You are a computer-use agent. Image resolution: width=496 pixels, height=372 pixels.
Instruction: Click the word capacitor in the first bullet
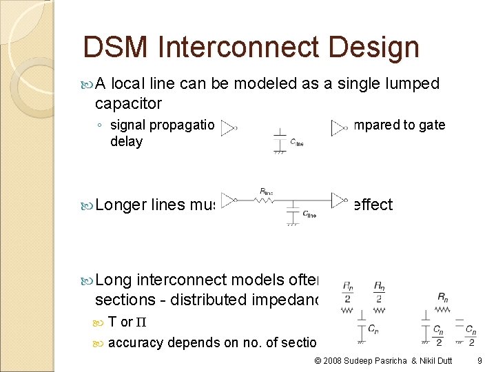click(128, 103)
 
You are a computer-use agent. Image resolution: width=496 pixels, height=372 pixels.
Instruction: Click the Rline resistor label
click(267, 191)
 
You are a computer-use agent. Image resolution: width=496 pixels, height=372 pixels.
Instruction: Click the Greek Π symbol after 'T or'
click(142, 322)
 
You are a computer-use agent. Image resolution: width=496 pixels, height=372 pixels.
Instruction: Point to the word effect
click(371, 205)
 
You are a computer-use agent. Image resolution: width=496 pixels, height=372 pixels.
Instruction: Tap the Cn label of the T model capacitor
click(373, 329)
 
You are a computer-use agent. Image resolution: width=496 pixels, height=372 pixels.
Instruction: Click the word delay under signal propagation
click(126, 141)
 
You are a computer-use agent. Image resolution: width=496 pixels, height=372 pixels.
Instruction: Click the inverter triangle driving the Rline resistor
click(228, 200)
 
